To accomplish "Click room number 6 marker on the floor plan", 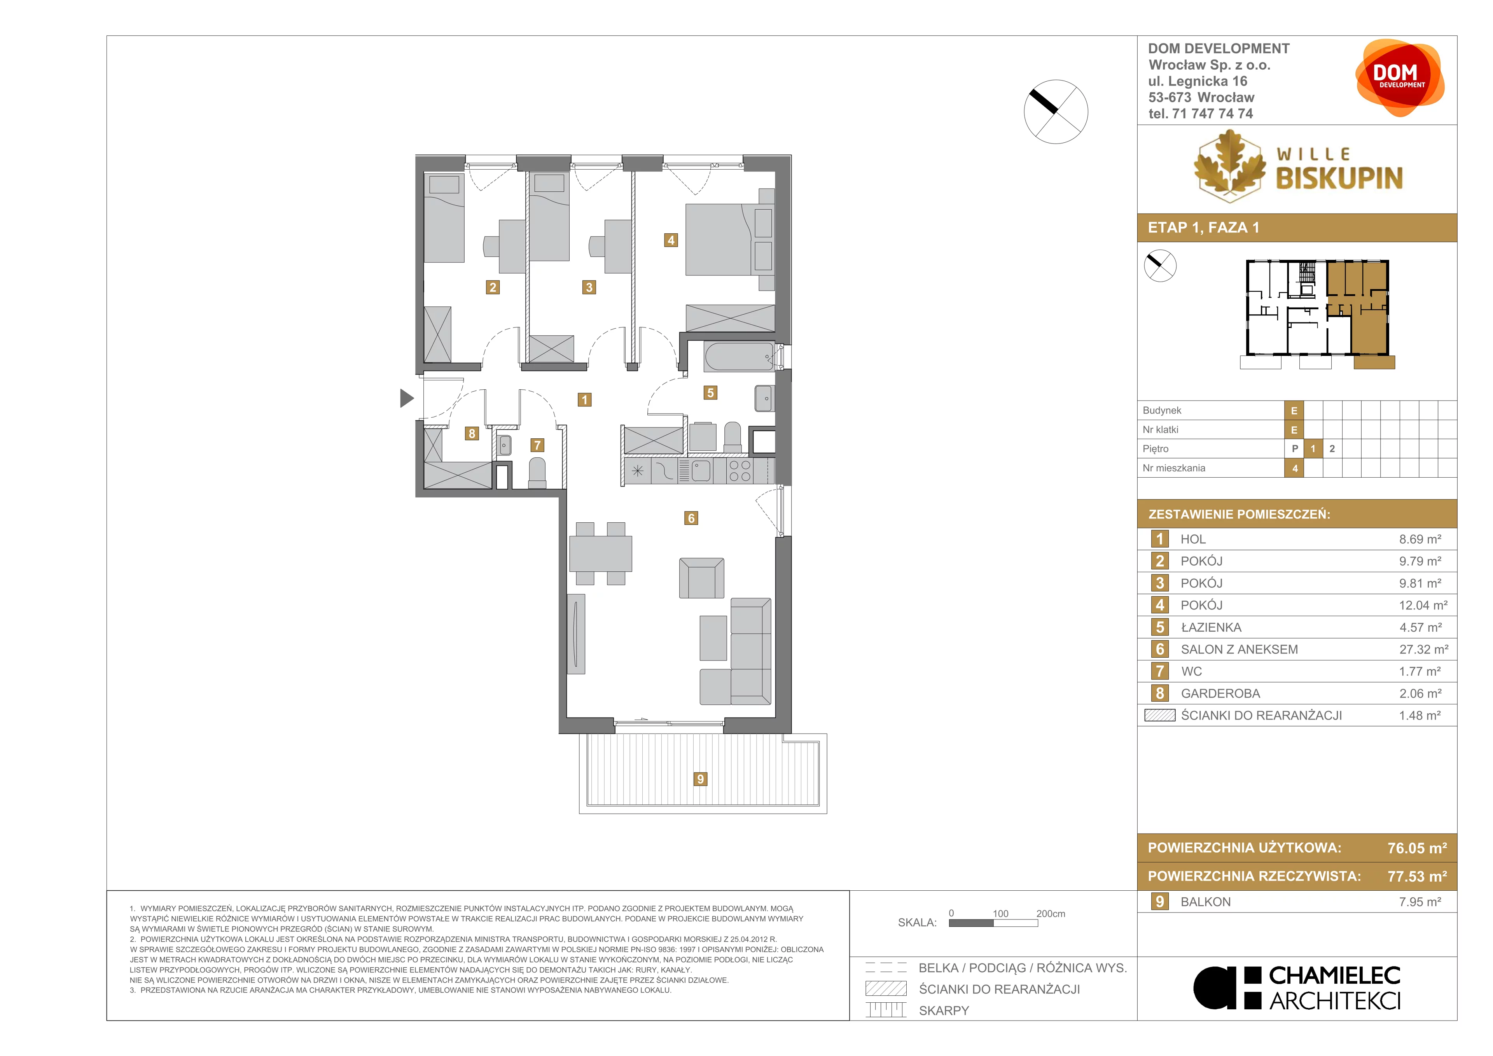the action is click(x=691, y=518).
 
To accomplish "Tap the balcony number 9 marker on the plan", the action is click(x=700, y=779).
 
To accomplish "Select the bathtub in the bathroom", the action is click(x=740, y=357).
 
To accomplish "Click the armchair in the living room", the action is click(x=702, y=578).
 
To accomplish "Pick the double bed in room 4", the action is click(x=730, y=240).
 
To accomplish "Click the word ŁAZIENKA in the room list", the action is click(x=1211, y=627).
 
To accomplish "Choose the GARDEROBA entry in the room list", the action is click(x=1220, y=693).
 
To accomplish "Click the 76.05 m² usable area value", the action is click(x=1417, y=848).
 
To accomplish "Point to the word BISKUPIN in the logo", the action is click(x=1339, y=178).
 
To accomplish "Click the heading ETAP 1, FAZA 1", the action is click(x=1204, y=228).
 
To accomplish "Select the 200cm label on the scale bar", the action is click(x=1051, y=914).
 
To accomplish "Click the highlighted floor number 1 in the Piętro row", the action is click(x=1313, y=448).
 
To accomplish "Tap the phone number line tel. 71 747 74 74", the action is click(x=1200, y=114).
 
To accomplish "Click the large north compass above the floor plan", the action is click(x=1056, y=111).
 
